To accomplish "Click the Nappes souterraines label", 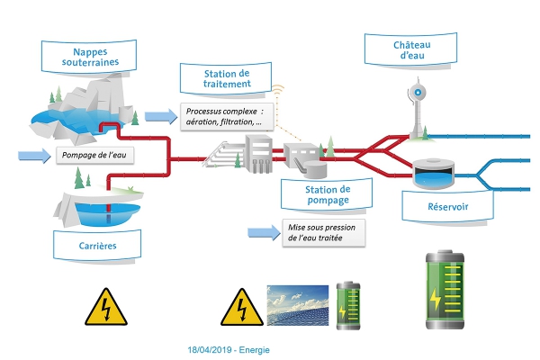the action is tap(89, 57).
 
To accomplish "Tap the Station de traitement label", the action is tap(226, 78).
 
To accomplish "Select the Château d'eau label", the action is tap(411, 49).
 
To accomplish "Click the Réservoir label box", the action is tap(447, 206).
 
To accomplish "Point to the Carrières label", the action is tap(97, 246).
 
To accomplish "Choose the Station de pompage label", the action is tap(327, 194).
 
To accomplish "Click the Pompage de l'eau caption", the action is tap(94, 155).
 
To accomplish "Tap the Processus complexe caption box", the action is tap(227, 117).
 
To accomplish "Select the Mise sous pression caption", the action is tap(323, 233).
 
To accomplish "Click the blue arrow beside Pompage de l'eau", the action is tap(34, 156).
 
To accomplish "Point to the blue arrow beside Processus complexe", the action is tap(161, 116).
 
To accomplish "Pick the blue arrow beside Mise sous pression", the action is tap(264, 232).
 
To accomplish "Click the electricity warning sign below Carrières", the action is tap(106, 307).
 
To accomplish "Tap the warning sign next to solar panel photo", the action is tap(242, 307).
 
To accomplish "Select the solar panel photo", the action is tap(298, 305).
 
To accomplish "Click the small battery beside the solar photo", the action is tap(348, 306).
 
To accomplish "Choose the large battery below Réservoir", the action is tap(445, 290).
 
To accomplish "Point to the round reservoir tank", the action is tap(433, 174).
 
